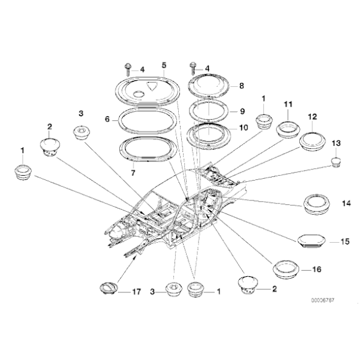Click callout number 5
[164, 65]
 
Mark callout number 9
[242, 112]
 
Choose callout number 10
[243, 127]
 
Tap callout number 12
[312, 116]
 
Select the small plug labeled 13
[335, 163]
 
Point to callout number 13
[336, 143]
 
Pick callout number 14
[346, 203]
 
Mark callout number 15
[346, 241]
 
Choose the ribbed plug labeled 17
[107, 289]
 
